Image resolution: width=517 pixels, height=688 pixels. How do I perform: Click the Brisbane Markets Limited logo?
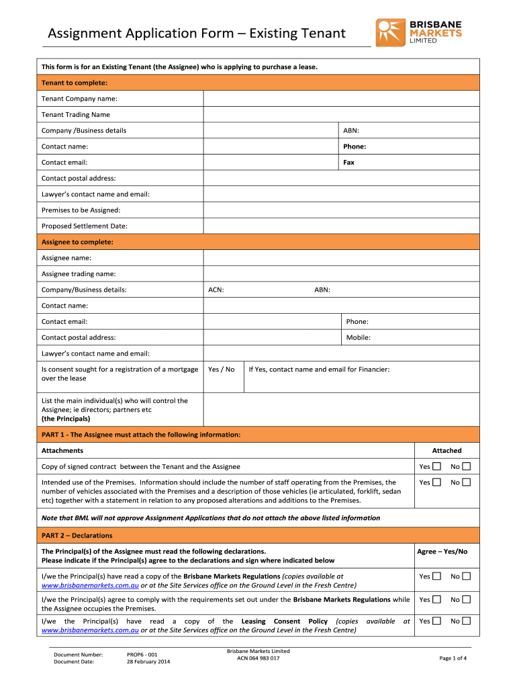tap(419, 32)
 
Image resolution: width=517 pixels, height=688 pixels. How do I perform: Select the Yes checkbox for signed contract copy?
tap(436, 467)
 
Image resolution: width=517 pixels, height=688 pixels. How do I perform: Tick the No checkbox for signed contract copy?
tap(467, 467)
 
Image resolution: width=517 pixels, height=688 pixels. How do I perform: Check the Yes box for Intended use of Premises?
tap(436, 482)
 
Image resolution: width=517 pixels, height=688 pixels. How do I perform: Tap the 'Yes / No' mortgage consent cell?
tap(222, 370)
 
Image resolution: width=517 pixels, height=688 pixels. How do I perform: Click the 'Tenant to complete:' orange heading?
tap(75, 83)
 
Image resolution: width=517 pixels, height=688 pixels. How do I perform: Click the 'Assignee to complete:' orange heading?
tap(77, 242)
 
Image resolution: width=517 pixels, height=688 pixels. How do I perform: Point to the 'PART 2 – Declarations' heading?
tap(77, 535)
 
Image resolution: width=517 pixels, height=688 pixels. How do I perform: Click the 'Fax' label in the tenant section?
tap(348, 163)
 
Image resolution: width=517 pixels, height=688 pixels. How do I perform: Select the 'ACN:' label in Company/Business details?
tap(216, 290)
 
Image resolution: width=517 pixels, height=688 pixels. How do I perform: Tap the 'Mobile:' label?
tap(358, 338)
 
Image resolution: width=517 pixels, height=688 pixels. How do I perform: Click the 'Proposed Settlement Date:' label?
tap(85, 226)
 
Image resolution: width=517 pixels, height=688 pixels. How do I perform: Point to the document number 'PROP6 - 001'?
tap(142, 654)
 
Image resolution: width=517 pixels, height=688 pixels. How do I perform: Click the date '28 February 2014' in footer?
tap(148, 662)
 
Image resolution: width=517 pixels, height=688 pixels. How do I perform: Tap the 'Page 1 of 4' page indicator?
tap(453, 658)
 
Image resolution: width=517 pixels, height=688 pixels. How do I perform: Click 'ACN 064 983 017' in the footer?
tap(258, 658)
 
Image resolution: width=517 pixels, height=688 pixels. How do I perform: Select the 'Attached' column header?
tap(446, 451)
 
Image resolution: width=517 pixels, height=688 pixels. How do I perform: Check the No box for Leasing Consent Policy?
tap(467, 621)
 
